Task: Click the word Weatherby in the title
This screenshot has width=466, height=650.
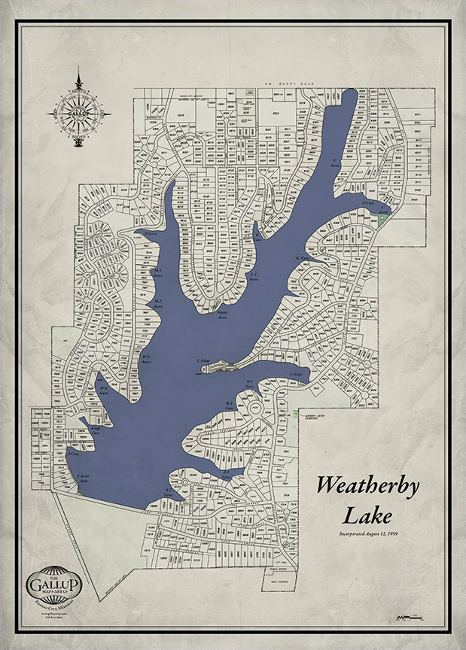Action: (367, 485)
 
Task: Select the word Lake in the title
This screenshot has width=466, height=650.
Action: (367, 517)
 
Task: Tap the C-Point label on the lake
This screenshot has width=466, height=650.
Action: (203, 361)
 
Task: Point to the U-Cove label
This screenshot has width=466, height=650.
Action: (368, 203)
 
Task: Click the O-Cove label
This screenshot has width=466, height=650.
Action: (150, 233)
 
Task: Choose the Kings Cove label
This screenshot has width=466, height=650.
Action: (96, 430)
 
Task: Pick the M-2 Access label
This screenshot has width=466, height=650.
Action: (158, 303)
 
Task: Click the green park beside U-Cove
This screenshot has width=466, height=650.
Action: (383, 216)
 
